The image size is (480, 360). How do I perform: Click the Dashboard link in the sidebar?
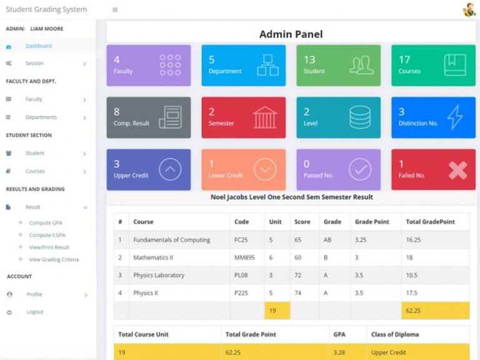pyautogui.click(x=38, y=46)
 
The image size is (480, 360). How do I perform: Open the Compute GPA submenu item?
pyautogui.click(x=46, y=223)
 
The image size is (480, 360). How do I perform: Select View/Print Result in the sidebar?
pyautogui.click(x=49, y=247)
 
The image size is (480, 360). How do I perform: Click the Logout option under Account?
pyautogui.click(x=35, y=312)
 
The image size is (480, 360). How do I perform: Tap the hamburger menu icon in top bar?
pyautogui.click(x=115, y=10)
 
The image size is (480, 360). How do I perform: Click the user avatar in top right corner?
pyautogui.click(x=469, y=10)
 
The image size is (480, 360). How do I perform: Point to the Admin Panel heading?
pyautogui.click(x=291, y=34)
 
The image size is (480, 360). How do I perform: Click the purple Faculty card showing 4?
pyautogui.click(x=149, y=65)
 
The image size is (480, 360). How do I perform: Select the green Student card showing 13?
pyautogui.click(x=338, y=65)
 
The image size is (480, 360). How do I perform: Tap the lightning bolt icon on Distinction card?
pyautogui.click(x=455, y=117)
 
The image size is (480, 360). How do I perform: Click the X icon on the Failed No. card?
pyautogui.click(x=457, y=169)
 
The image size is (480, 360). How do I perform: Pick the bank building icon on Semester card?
pyautogui.click(x=265, y=117)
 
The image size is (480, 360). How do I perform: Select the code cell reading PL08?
pyautogui.click(x=241, y=275)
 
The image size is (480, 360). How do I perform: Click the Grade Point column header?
pyautogui.click(x=372, y=222)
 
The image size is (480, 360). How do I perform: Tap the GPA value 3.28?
pyautogui.click(x=339, y=352)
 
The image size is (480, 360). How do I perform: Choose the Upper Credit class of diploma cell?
pyautogui.click(x=389, y=352)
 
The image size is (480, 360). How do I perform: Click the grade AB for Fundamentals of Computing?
pyautogui.click(x=327, y=240)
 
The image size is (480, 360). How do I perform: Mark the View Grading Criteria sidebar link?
pyautogui.click(x=54, y=260)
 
